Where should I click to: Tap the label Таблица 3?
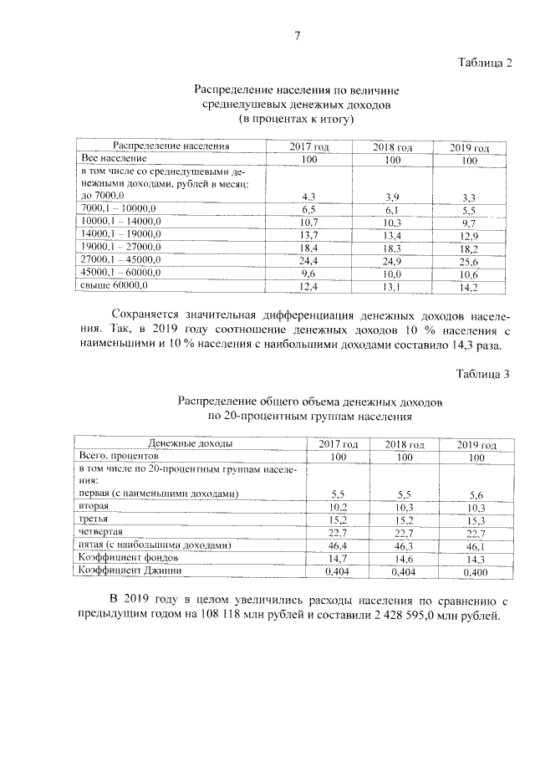483,372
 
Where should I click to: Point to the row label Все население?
115,158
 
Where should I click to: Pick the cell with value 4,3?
307,196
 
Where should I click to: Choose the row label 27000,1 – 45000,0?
120,261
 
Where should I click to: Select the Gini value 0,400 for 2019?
476,573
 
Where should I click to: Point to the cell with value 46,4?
338,545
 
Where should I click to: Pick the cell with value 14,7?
338,559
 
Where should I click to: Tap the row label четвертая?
101,532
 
